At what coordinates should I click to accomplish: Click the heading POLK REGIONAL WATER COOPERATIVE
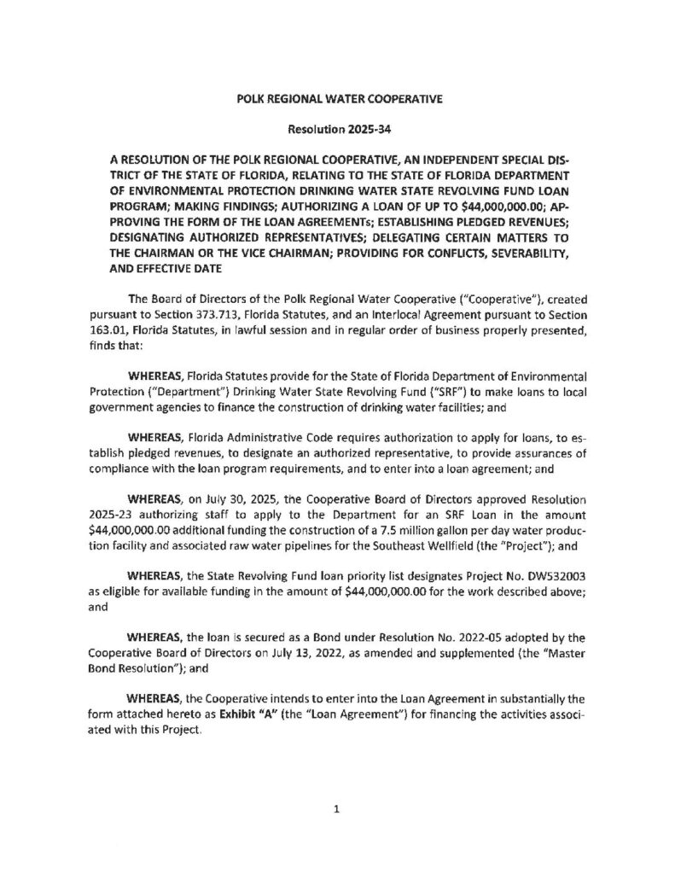click(x=338, y=100)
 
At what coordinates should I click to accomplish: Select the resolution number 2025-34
click(x=358, y=129)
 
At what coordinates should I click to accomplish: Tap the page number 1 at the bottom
click(x=337, y=812)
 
